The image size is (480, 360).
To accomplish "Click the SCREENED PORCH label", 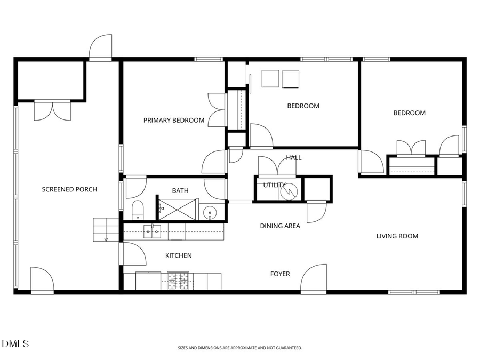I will click(69, 189).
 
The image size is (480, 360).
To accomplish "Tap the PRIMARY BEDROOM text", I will click(174, 121).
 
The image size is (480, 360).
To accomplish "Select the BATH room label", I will click(180, 190).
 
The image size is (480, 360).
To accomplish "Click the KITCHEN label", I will click(178, 256).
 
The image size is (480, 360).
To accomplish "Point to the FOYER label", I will click(280, 274).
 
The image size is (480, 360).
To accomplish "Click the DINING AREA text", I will click(280, 226).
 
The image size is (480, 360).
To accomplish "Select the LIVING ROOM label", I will click(397, 236).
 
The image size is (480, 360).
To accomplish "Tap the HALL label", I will click(293, 158).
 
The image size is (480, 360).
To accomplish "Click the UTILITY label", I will click(271, 185).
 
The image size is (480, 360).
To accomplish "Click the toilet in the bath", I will click(138, 211).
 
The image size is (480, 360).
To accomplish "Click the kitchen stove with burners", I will click(178, 281).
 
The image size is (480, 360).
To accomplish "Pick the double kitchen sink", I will click(153, 231).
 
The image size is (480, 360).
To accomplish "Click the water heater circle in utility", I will click(291, 190).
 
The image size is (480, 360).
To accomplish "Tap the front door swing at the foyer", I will click(313, 278).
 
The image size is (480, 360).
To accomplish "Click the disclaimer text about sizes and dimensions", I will click(240, 348).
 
